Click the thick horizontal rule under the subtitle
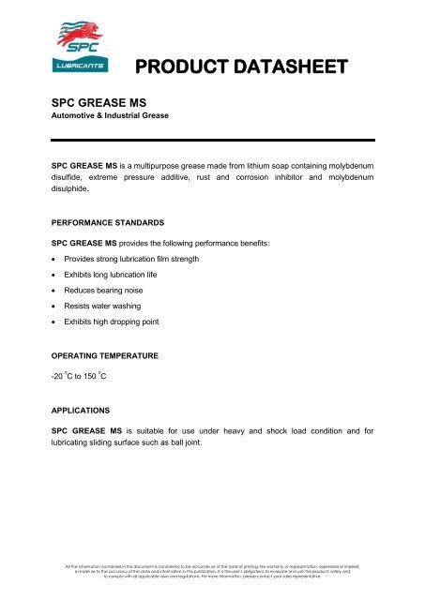pos(212,139)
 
